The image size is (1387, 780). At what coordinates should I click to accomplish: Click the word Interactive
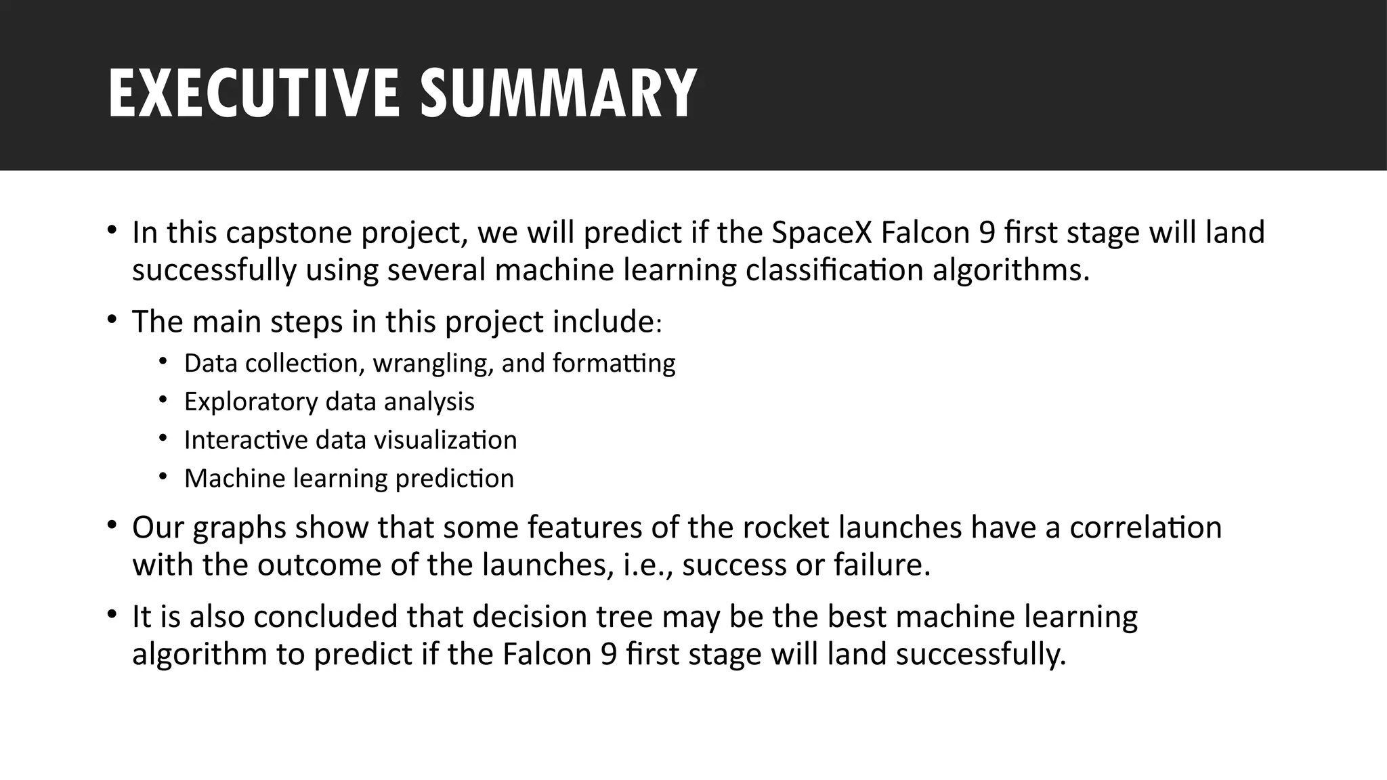click(x=247, y=440)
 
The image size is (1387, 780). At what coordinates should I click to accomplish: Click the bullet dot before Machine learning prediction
click(x=163, y=477)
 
